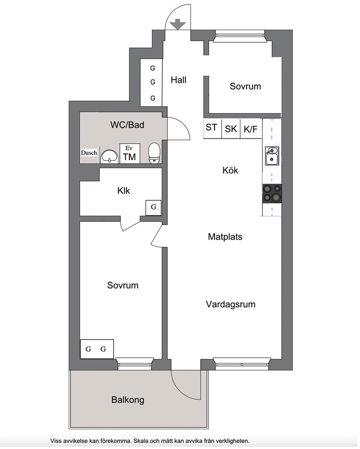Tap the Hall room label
[179, 80]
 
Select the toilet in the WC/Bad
[154, 153]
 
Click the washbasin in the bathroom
[110, 156]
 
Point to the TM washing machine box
[130, 153]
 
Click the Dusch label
[89, 153]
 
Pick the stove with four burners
[272, 194]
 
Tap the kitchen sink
[271, 156]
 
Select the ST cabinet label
[211, 127]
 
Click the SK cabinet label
[231, 129]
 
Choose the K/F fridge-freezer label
[250, 129]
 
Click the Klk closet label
[124, 191]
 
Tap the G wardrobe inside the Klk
[154, 207]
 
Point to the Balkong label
[128, 400]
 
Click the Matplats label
[225, 237]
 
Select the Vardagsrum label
[231, 304]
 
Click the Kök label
[230, 170]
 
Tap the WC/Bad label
[127, 125]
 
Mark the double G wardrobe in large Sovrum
[97, 349]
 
